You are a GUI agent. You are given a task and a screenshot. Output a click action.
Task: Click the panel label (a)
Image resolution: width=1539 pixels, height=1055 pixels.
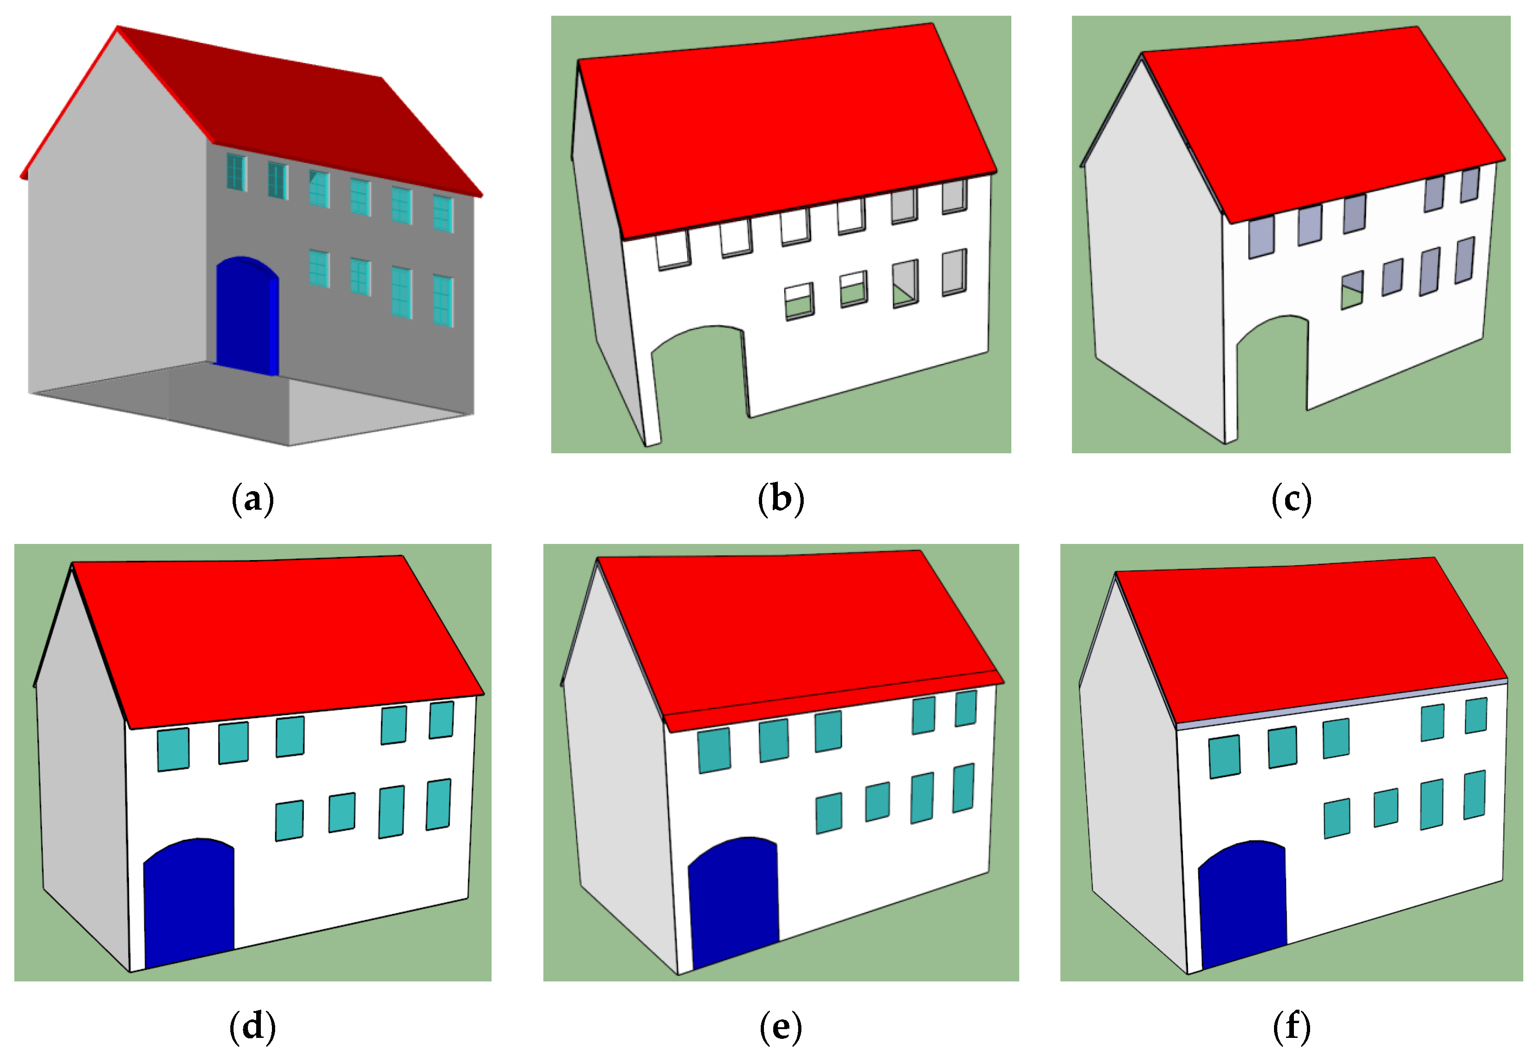(x=252, y=499)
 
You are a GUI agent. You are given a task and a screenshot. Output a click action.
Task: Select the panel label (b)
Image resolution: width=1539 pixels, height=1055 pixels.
(x=780, y=499)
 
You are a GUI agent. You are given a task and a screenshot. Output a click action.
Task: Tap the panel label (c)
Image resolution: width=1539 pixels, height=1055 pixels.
(x=1291, y=499)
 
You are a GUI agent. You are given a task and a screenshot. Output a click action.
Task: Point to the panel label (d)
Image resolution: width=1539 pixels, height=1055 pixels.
(x=252, y=1026)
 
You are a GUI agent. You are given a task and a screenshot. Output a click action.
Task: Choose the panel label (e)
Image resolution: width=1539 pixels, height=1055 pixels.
(x=780, y=1026)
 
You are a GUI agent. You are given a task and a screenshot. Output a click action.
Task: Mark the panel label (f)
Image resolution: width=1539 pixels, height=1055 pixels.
(x=1291, y=1026)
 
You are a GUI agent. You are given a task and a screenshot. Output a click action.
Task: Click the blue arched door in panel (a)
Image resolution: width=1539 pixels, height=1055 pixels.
(x=246, y=318)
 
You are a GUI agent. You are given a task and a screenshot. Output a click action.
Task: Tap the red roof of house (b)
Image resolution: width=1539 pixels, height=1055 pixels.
(x=782, y=126)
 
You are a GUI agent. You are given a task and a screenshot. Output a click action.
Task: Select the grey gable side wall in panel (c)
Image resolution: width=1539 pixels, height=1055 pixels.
(x=1152, y=265)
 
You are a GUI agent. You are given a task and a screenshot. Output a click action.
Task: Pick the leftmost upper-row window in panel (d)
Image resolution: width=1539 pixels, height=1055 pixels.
(x=173, y=749)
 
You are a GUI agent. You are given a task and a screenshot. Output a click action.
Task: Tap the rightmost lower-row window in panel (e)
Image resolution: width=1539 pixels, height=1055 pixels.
(x=964, y=788)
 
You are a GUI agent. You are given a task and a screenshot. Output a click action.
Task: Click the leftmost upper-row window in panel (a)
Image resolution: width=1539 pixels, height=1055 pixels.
(x=236, y=172)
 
